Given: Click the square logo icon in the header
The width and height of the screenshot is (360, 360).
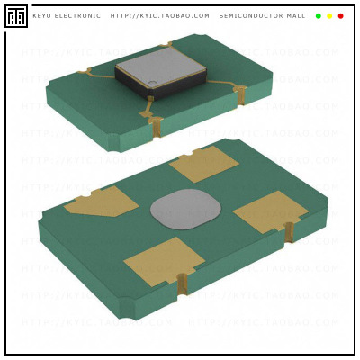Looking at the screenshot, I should coord(16,16).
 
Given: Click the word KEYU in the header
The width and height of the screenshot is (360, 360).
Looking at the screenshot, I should coord(42,16).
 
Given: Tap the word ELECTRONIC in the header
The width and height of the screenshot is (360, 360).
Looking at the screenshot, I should coord(79,16).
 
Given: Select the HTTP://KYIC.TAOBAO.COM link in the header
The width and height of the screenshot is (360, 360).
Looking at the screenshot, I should coord(159,16).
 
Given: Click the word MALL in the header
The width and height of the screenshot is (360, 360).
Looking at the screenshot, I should coord(296,16).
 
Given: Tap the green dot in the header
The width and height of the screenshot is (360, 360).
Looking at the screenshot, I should coord(319,16).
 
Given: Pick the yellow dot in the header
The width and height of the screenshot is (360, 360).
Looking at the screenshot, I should coord(329,16).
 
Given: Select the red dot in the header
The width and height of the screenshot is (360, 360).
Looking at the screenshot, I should coord(340,16).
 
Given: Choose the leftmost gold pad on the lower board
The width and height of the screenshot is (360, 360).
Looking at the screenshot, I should coord(101,202).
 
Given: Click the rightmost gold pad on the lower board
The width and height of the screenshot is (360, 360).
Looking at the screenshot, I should coord(270,211).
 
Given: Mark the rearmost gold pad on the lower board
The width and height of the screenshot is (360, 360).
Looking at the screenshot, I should coord(204,164).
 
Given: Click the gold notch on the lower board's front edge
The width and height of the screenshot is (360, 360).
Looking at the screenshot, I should coord(183,284).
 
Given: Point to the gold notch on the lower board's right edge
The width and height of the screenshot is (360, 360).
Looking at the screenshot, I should coord(289,232).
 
